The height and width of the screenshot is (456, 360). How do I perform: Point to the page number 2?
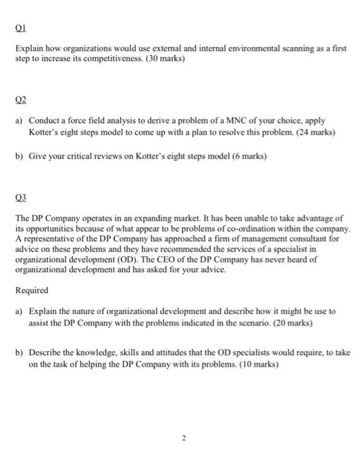click(184, 440)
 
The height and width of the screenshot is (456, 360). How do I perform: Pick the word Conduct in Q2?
click(45, 121)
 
